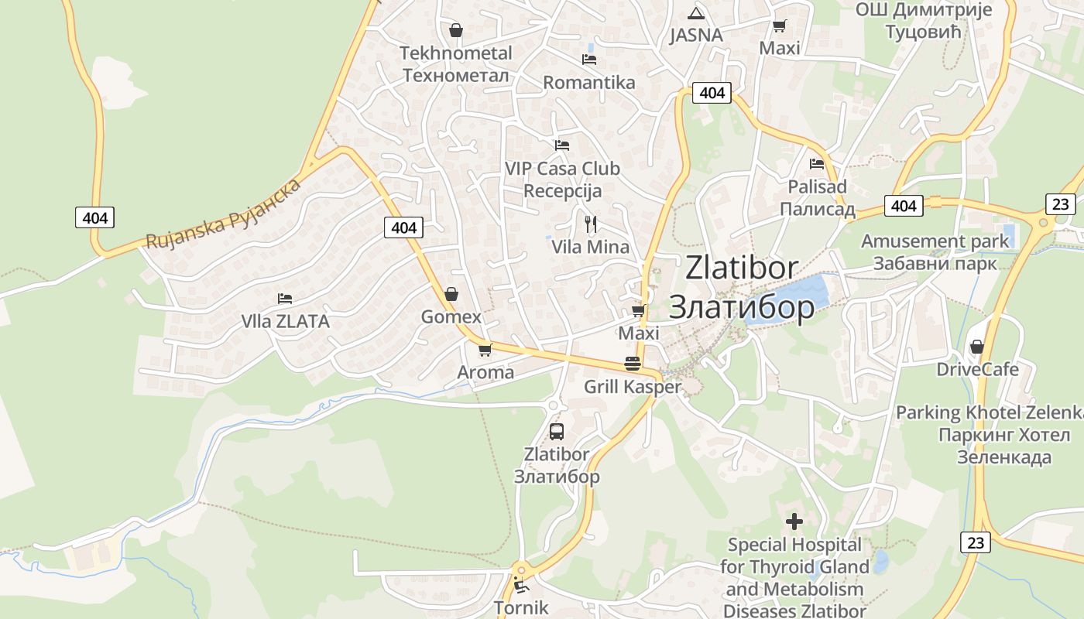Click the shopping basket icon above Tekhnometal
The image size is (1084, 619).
click(456, 30)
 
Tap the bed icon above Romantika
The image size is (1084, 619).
click(589, 59)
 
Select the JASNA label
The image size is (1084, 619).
click(696, 35)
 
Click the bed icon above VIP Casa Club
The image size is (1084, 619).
click(562, 145)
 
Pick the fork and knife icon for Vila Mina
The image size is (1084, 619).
click(591, 224)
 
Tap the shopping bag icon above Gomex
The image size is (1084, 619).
click(451, 294)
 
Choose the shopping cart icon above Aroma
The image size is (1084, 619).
click(485, 350)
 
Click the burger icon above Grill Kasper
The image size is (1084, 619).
click(633, 364)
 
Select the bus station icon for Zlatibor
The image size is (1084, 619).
click(556, 432)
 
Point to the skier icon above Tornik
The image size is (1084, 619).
click(521, 585)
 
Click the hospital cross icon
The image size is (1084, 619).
click(794, 521)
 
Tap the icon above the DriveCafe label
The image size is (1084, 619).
click(977, 347)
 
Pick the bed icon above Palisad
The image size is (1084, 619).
click(817, 164)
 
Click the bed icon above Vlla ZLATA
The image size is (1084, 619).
click(285, 298)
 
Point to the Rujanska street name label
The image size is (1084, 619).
click(223, 215)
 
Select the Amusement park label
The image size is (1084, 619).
click(935, 241)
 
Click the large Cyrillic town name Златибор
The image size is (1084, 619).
click(741, 307)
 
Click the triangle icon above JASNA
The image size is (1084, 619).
click(696, 13)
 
